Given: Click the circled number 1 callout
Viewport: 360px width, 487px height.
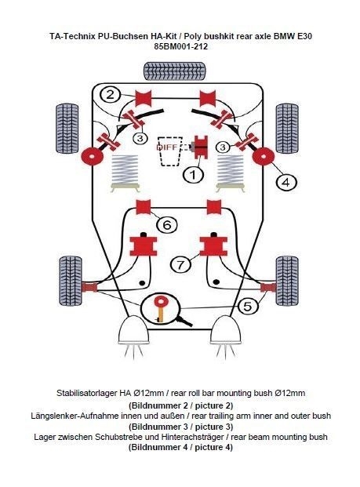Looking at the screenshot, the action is tap(193, 175).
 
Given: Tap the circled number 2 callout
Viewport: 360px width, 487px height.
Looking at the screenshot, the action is tap(111, 94).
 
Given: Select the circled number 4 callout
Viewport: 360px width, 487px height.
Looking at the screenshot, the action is tap(286, 182).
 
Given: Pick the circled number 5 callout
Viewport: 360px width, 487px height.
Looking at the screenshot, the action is tap(248, 307).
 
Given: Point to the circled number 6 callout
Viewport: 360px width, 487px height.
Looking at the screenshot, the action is tap(167, 224).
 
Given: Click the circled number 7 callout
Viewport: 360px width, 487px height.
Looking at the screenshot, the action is tap(180, 264).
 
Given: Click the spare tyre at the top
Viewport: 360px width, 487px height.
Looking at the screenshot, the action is tap(175, 71).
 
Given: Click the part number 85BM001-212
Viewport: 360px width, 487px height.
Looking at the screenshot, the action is tap(180, 47).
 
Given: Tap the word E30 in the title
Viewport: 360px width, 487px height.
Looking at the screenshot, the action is tap(304, 36).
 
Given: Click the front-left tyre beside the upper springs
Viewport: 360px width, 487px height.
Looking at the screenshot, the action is tap(67, 129).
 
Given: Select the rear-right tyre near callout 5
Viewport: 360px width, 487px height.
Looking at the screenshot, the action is tap(287, 281).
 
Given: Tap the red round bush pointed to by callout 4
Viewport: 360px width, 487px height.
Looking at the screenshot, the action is tap(264, 157).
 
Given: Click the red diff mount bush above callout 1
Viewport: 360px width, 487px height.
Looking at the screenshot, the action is tap(201, 147).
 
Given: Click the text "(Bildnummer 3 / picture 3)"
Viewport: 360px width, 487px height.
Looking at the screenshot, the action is tap(180, 427).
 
